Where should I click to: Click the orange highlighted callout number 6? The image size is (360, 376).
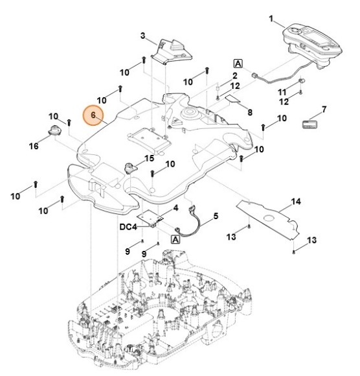(x=93, y=115)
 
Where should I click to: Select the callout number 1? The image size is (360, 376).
(x=271, y=19)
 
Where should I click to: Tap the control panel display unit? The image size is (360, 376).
(x=313, y=45)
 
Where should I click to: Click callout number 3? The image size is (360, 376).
(x=142, y=36)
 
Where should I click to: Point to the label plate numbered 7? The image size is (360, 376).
(x=309, y=124)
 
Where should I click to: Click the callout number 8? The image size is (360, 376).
(x=250, y=112)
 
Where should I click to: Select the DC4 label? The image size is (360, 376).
(x=128, y=227)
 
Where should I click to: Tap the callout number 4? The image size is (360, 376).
(x=175, y=208)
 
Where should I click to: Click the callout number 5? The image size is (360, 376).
(x=216, y=216)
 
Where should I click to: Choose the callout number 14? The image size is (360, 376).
(x=295, y=202)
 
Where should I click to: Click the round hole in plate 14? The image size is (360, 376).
(x=268, y=218)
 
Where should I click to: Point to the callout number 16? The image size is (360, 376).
(x=34, y=146)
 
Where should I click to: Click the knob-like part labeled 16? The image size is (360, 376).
(x=55, y=130)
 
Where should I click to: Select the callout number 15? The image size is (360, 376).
(x=149, y=158)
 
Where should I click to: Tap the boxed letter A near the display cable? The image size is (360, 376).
(x=238, y=64)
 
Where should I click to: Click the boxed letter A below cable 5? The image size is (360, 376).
(x=175, y=239)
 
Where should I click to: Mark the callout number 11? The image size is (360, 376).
(x=282, y=92)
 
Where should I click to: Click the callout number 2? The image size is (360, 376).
(x=235, y=76)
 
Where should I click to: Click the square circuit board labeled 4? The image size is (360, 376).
(x=150, y=217)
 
